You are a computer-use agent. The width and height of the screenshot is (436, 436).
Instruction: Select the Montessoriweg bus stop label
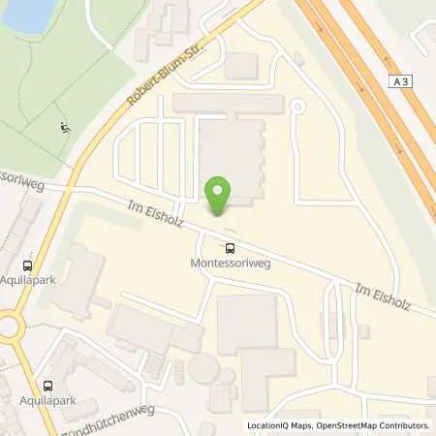(231, 263)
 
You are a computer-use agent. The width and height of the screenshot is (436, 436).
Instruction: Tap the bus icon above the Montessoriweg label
(231, 247)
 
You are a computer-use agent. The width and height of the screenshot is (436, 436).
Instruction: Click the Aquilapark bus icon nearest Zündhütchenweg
(46, 385)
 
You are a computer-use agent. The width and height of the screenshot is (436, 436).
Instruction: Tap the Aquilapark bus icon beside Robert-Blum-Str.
(27, 263)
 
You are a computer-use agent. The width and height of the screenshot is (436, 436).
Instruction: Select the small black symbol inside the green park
(64, 127)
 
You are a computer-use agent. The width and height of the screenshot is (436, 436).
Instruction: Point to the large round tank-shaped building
(204, 368)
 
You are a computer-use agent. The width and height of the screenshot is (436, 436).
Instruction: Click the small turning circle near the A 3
(297, 107)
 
